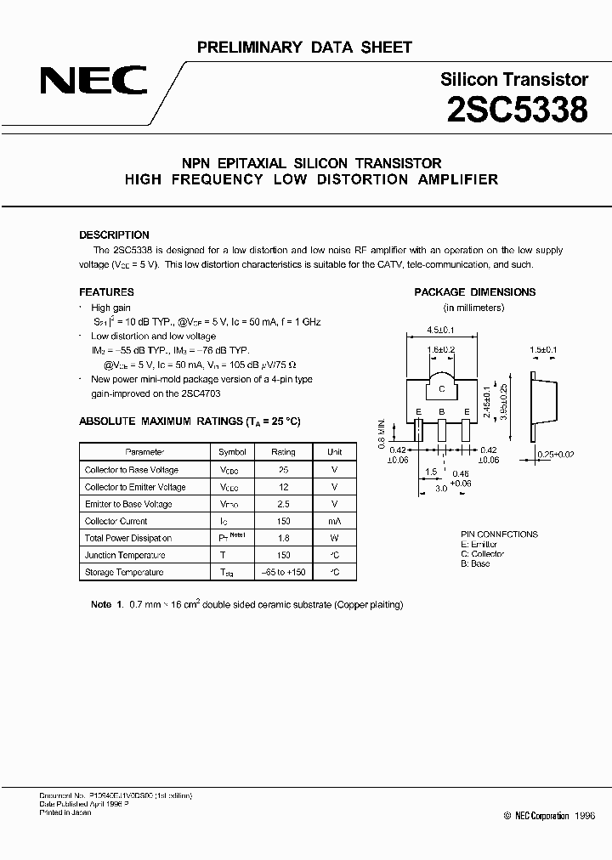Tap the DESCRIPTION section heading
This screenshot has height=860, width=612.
(x=114, y=235)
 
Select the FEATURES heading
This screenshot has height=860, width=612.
(x=106, y=291)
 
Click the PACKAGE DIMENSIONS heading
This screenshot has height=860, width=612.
(x=474, y=291)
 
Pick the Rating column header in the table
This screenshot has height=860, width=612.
(x=284, y=452)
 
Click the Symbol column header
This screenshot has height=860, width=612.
(x=232, y=452)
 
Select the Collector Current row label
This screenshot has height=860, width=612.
(x=116, y=521)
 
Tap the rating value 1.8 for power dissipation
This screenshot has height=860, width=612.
(x=284, y=538)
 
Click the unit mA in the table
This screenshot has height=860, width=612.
(x=335, y=521)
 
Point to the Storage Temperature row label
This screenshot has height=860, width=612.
(x=124, y=572)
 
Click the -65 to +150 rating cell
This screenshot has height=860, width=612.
(x=284, y=572)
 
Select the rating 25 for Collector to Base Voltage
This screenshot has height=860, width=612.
(x=284, y=470)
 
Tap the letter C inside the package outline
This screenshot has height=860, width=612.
(x=442, y=389)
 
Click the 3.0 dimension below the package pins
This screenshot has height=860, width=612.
(x=441, y=489)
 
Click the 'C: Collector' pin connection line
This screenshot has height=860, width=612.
(x=483, y=553)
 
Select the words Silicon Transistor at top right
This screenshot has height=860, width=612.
(x=514, y=80)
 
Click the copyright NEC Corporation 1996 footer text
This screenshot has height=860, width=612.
(x=549, y=815)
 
